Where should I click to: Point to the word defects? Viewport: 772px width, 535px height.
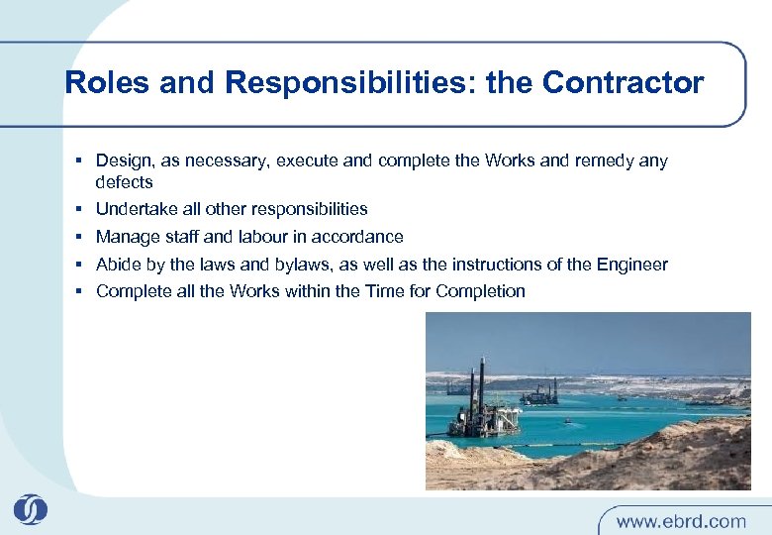click(124, 182)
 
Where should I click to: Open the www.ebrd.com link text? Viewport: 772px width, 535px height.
click(682, 520)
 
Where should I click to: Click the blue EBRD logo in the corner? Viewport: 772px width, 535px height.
click(31, 509)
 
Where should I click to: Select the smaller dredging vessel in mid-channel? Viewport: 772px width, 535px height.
click(539, 396)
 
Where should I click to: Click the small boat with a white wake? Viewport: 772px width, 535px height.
click(568, 420)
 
